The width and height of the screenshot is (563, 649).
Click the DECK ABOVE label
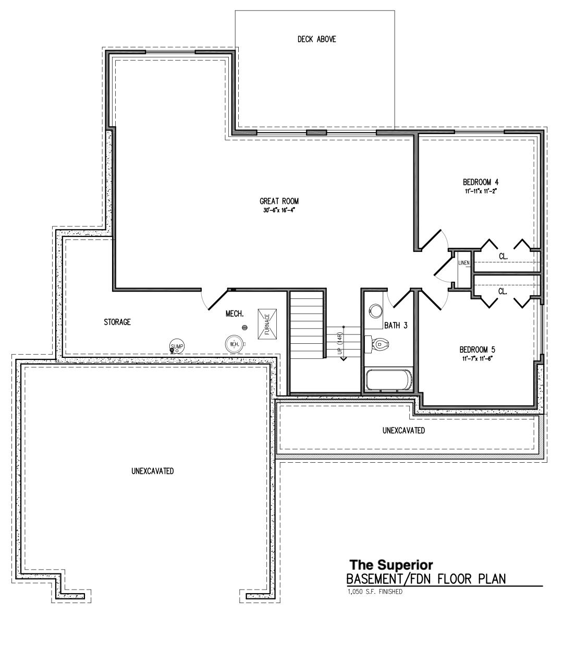point(316,39)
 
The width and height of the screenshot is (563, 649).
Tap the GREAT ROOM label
point(279,201)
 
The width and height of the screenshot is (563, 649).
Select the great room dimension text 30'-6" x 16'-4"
point(279,210)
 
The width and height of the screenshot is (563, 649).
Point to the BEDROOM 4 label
point(481,182)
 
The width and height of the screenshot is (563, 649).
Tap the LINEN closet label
point(464,263)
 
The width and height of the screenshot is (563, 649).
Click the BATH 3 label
point(396,326)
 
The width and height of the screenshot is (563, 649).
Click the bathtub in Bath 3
point(389,379)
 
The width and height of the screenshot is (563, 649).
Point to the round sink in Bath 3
point(374,310)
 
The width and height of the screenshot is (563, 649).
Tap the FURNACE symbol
point(267,323)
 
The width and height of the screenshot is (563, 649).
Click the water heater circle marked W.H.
point(234,344)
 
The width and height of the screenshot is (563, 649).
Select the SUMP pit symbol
point(177,346)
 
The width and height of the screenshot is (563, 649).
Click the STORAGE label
point(117,322)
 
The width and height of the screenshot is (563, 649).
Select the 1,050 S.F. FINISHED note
point(374,592)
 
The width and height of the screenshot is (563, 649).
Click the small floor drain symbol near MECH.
point(244,327)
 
